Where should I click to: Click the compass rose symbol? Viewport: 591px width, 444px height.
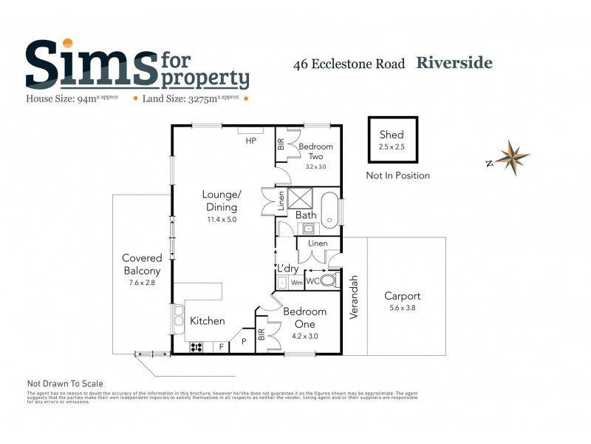point(512,158)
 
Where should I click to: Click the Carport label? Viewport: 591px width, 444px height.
point(402,296)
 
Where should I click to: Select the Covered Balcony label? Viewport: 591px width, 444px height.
point(142,264)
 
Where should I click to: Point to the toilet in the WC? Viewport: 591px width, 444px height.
point(329,281)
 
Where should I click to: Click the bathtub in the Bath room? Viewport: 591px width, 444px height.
point(331,210)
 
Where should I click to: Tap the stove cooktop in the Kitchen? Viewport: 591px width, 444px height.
point(197,346)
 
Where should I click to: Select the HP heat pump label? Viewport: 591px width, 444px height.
point(251,141)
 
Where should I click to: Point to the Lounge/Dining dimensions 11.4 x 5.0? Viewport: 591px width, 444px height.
point(222,219)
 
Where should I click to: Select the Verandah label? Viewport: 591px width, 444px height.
point(354,297)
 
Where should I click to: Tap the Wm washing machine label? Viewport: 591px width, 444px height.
point(296,282)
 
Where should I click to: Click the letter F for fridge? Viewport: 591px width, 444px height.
point(221,346)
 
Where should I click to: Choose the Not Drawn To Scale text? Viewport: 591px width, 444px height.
point(65,383)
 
